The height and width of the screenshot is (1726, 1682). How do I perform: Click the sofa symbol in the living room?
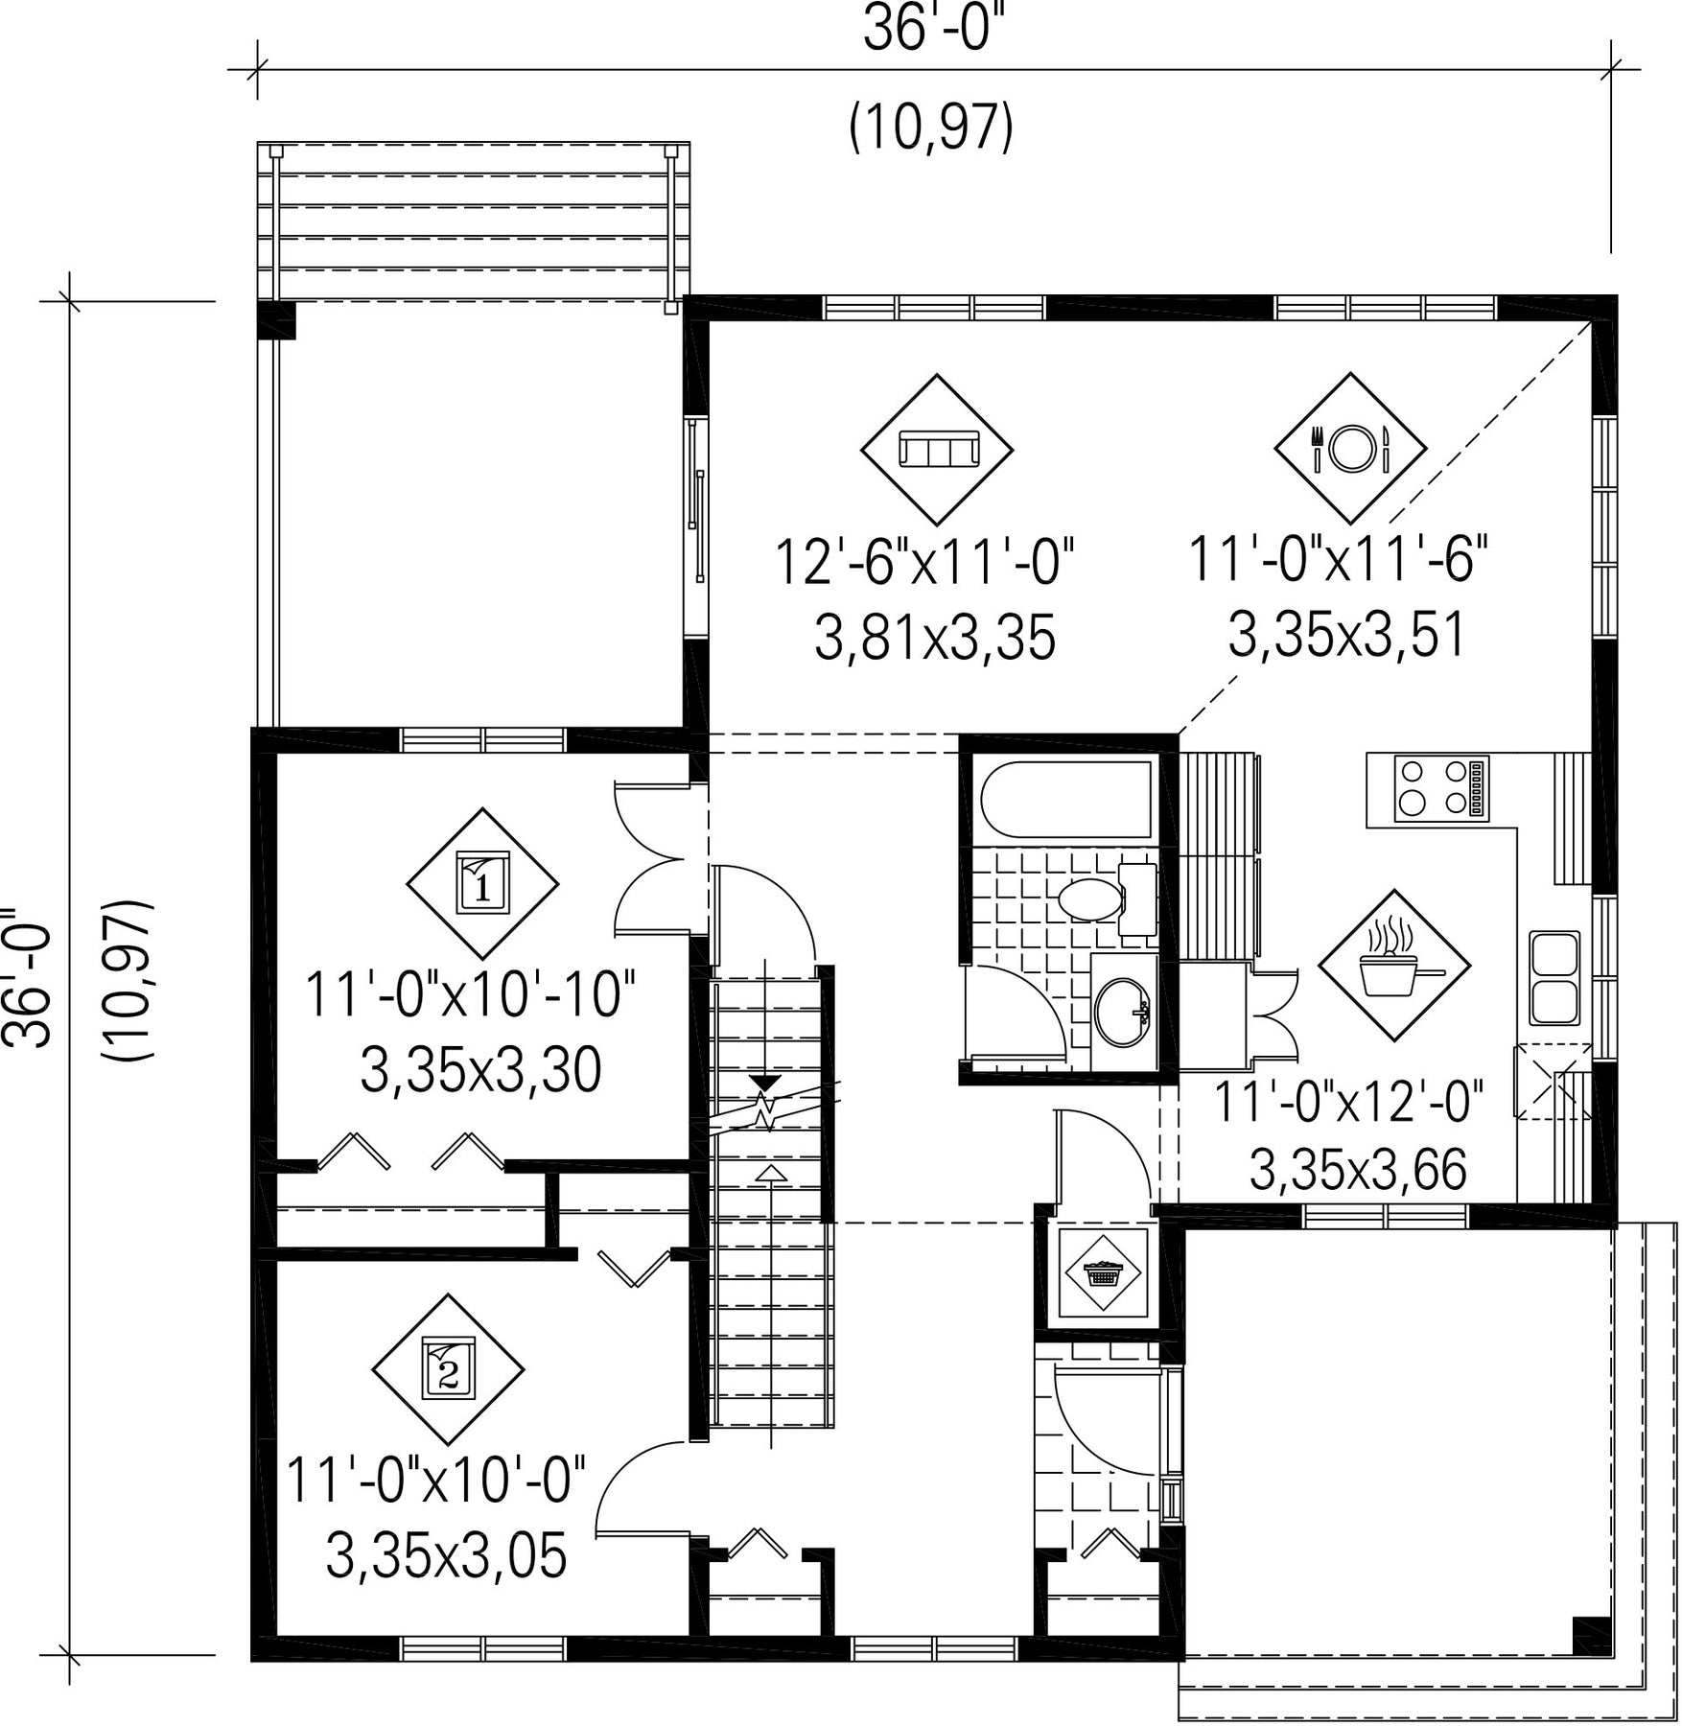936,449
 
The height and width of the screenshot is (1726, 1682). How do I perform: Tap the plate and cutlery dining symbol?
1350,448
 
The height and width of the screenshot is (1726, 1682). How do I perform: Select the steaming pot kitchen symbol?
1394,965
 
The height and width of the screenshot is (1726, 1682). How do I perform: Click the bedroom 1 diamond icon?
482,883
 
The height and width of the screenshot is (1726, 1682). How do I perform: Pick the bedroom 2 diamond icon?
448,1369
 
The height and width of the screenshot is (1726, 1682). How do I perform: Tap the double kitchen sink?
1554,977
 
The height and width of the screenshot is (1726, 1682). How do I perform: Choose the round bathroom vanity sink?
1119,1012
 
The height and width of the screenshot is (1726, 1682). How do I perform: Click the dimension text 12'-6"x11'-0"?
924,562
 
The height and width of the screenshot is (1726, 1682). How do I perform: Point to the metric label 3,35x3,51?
1347,635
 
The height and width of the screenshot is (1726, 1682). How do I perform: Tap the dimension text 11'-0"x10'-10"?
471,994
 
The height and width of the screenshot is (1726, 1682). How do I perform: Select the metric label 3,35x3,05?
447,1554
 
